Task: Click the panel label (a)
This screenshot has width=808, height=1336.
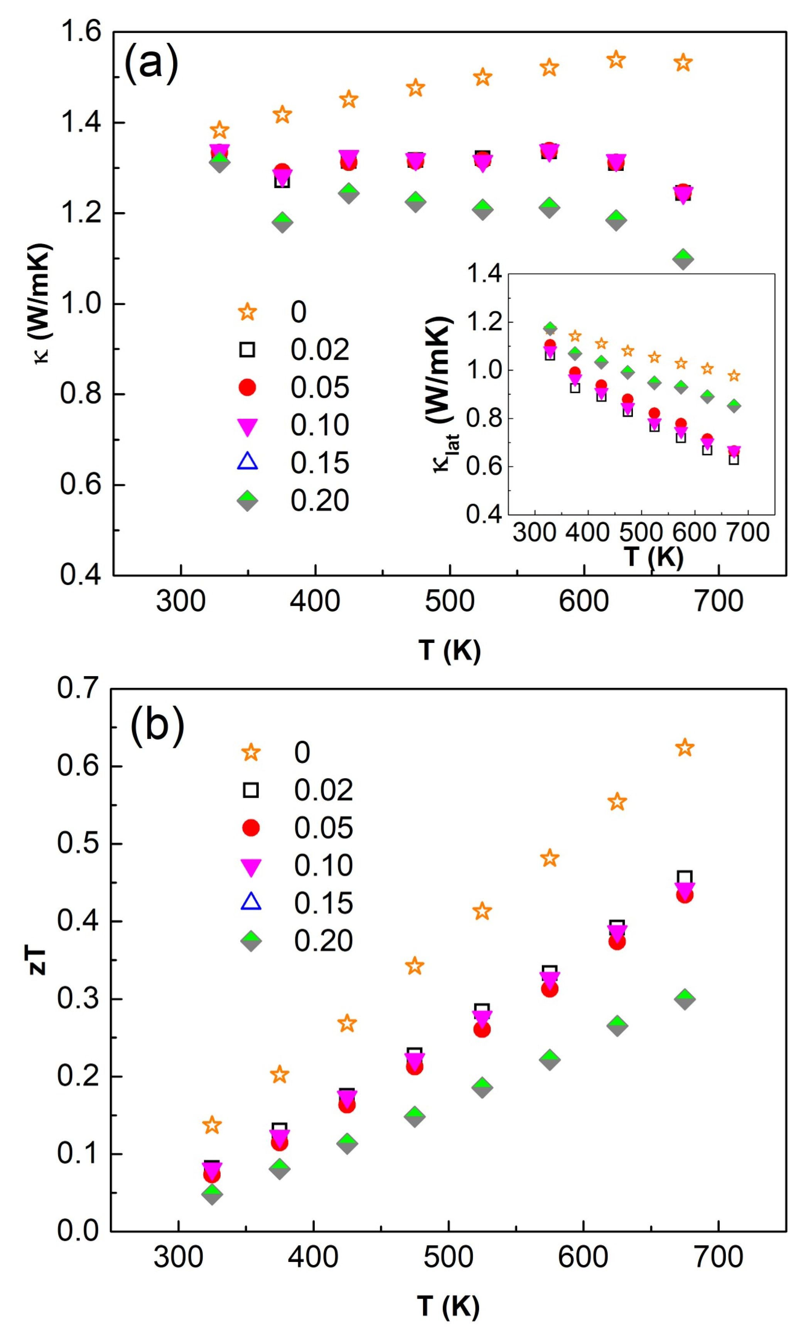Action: (151, 63)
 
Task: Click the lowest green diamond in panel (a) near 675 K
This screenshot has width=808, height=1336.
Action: (683, 259)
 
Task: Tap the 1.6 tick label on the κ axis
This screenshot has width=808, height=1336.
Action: (81, 32)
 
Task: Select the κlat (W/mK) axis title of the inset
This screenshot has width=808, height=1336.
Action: (440, 394)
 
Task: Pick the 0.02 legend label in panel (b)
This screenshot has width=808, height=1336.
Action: (323, 790)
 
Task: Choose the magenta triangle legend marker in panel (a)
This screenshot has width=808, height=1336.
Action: (247, 426)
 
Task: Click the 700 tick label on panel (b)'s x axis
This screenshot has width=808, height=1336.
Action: (718, 1257)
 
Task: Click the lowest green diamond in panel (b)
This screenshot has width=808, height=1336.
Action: (212, 1193)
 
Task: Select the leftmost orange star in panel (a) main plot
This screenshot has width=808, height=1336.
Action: (219, 130)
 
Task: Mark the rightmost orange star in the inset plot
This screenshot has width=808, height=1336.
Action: (733, 376)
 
